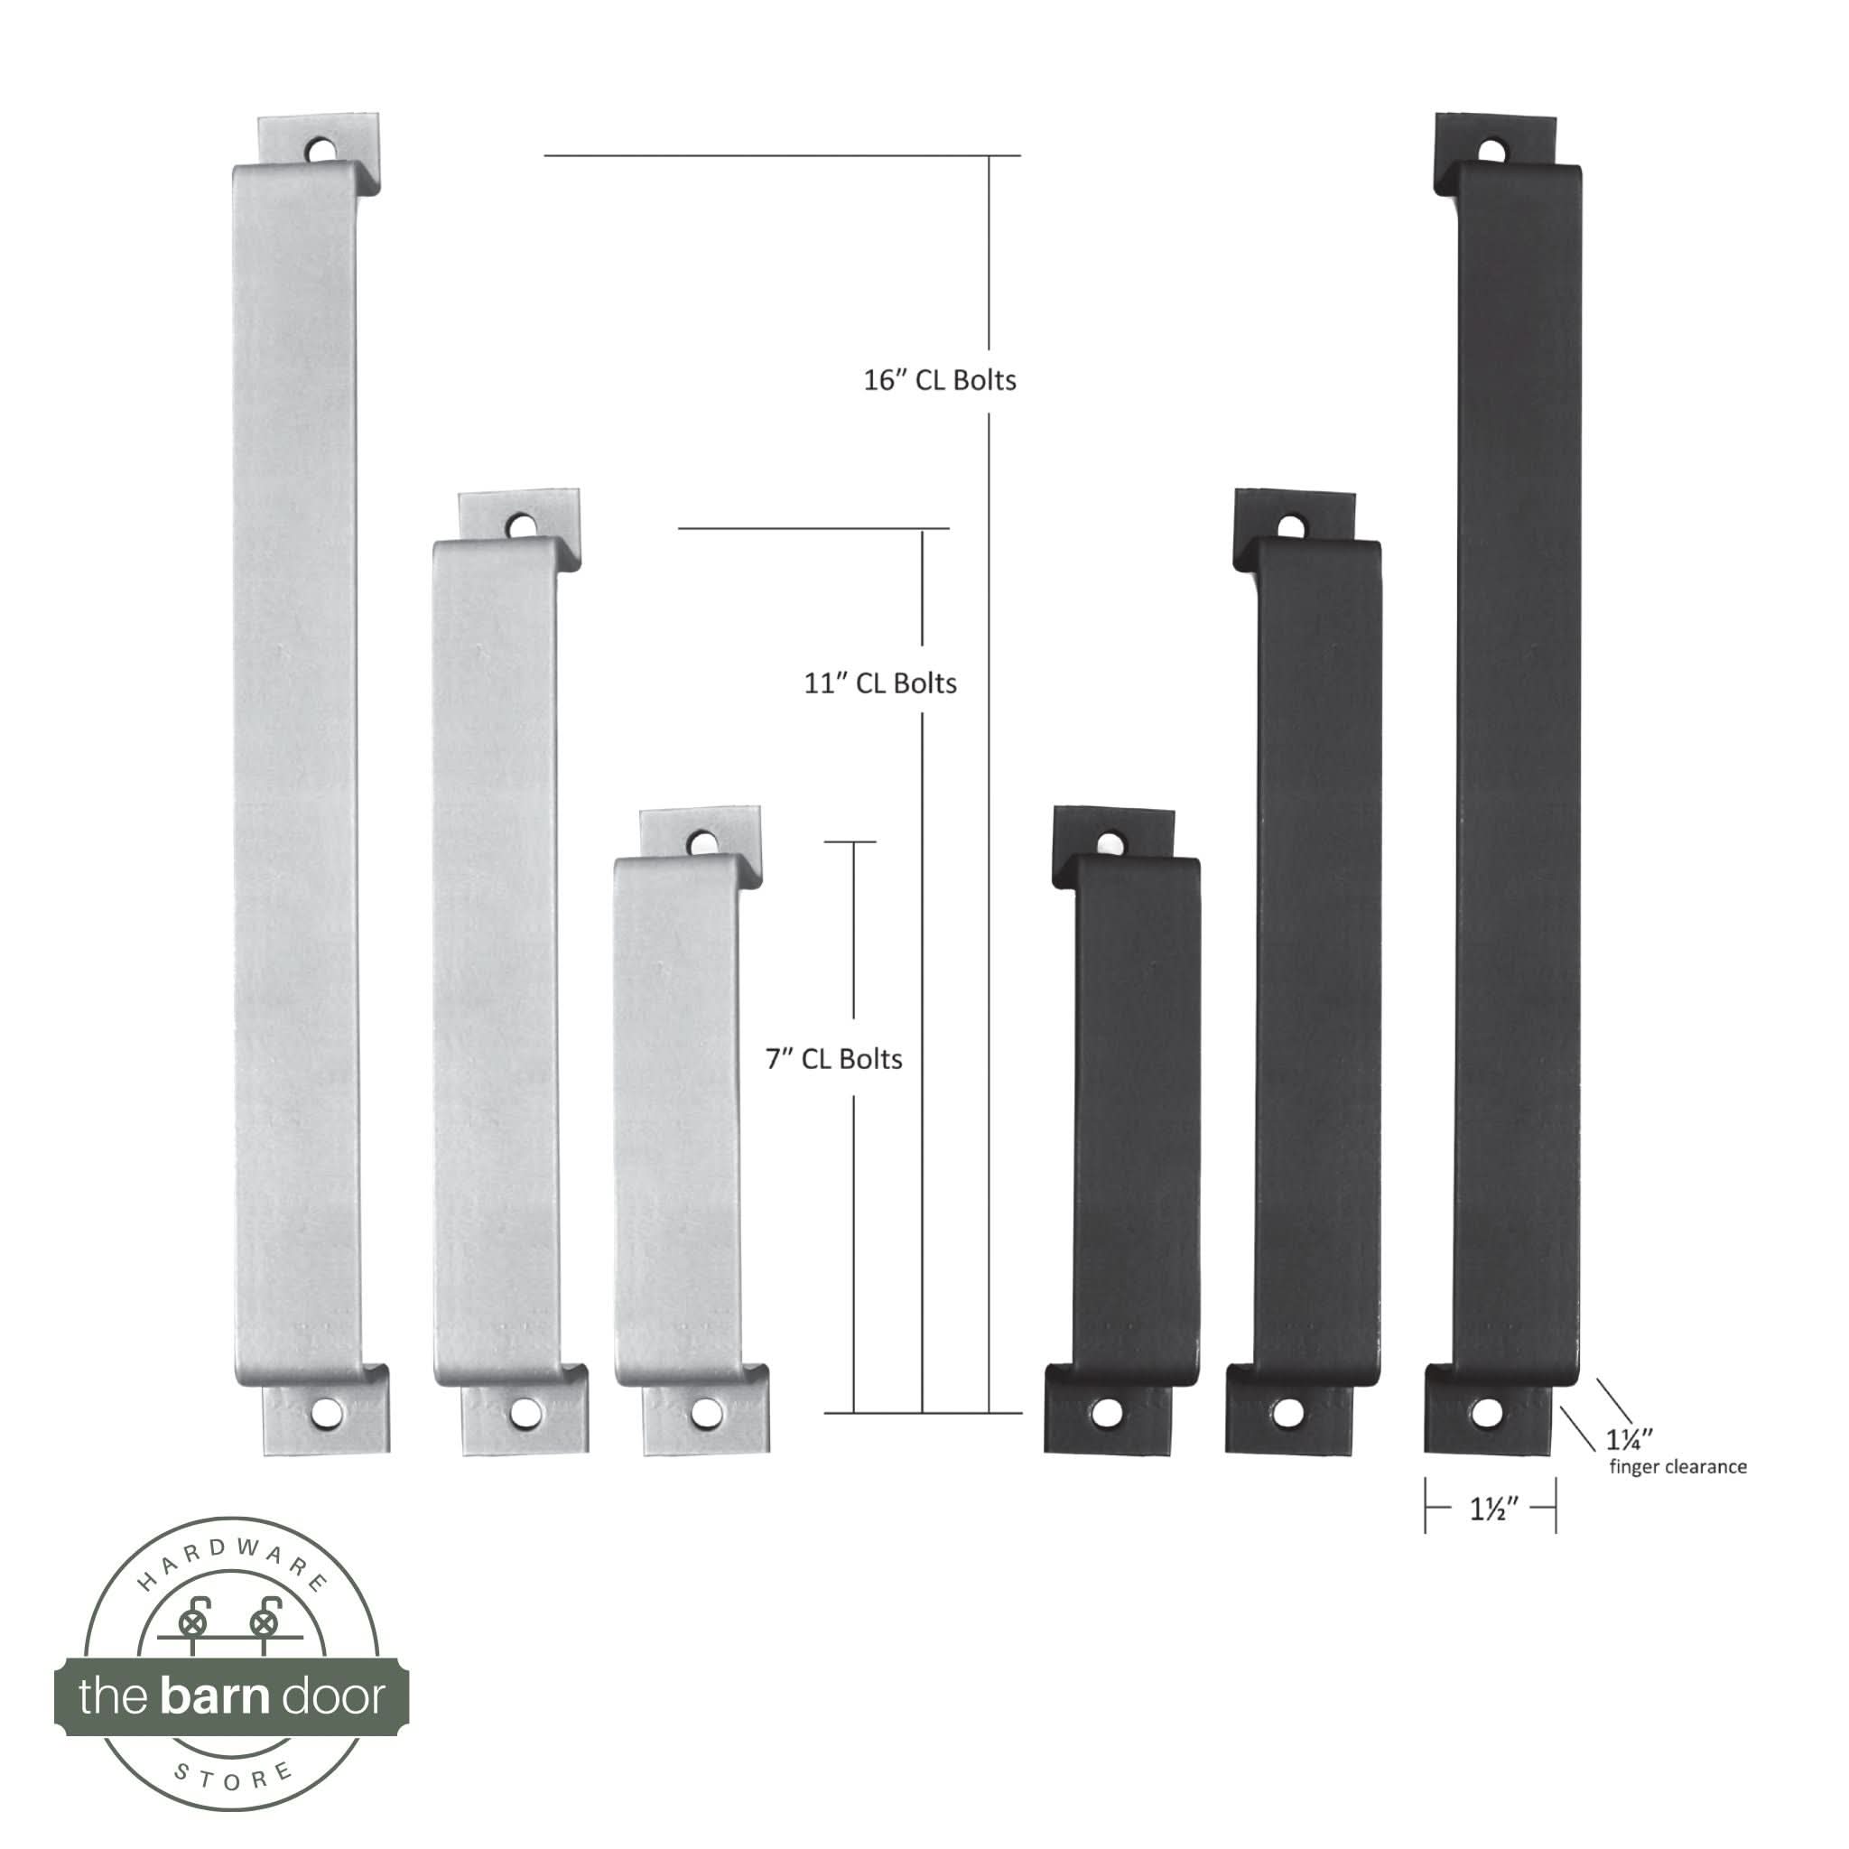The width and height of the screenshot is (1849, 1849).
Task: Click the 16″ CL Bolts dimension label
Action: pos(939,381)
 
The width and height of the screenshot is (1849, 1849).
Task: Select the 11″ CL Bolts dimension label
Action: pos(879,683)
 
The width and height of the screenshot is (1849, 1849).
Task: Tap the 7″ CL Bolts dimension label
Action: pos(833,1059)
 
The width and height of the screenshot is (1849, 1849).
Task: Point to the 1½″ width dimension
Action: pos(1493,1510)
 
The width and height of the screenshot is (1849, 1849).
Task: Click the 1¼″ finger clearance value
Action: pos(1628,1439)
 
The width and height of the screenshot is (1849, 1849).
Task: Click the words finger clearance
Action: pos(1677,1467)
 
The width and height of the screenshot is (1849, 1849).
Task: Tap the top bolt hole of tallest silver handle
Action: pos(321,150)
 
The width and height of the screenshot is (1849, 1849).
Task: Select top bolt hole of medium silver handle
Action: pos(521,525)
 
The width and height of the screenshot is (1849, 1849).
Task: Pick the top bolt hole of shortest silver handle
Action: pos(702,842)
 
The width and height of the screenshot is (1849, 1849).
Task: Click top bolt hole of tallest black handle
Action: pos(1491,151)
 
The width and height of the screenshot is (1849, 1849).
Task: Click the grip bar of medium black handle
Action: pos(1319,957)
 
